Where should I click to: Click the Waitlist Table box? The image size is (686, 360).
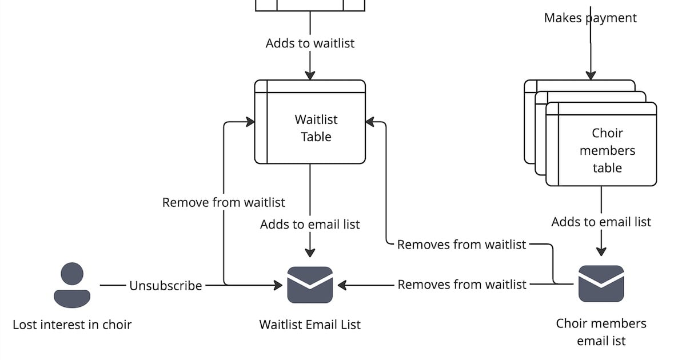click(x=316, y=128)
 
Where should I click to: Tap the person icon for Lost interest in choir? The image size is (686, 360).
click(x=72, y=285)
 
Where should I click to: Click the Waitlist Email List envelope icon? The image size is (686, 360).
click(x=310, y=285)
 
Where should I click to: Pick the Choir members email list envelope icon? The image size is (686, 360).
click(x=601, y=284)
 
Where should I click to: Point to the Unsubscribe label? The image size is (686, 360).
click(x=165, y=286)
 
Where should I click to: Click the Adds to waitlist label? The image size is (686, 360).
click(x=310, y=43)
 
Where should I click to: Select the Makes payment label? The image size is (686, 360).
click(x=590, y=18)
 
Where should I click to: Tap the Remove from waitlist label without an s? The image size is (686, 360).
click(x=224, y=202)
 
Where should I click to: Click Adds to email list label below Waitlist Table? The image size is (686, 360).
click(x=310, y=225)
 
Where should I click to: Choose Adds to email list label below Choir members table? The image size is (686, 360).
click(x=601, y=222)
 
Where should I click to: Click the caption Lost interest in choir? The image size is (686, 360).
click(x=72, y=325)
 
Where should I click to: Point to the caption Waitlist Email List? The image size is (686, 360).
click(x=310, y=325)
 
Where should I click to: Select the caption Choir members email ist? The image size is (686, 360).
click(x=601, y=332)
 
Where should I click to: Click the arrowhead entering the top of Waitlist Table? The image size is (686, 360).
click(x=310, y=75)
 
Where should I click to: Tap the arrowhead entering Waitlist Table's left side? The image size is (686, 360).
click(x=250, y=122)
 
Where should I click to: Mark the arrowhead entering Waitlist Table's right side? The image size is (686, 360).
click(x=370, y=122)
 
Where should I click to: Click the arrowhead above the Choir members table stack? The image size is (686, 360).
click(x=591, y=75)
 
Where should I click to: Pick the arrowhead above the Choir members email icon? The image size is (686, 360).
click(x=601, y=251)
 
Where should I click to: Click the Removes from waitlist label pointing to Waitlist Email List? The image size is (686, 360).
click(x=462, y=285)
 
